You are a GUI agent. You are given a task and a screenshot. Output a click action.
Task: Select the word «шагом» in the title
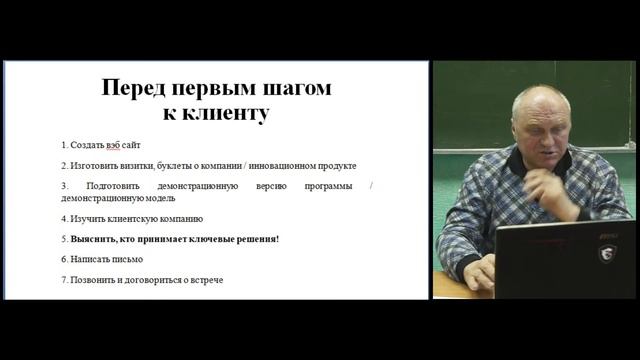[x=296, y=88]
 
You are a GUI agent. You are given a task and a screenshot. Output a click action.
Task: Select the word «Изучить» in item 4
[x=85, y=218]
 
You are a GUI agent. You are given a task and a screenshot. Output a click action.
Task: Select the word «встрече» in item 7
[x=205, y=280]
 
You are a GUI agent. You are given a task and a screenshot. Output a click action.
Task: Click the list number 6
[x=63, y=260]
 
